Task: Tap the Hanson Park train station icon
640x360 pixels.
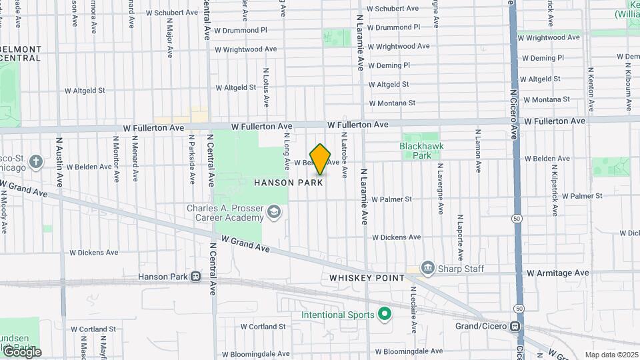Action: point(195,277)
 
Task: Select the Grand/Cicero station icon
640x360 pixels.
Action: point(515,327)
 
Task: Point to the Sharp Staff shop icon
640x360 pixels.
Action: point(427,269)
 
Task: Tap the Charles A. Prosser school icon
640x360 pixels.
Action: point(273,213)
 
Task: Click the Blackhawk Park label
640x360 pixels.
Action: point(421,150)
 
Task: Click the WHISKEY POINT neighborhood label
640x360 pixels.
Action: point(367,277)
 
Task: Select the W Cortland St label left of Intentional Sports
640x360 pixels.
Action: point(263,327)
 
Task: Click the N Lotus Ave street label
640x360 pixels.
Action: point(266,87)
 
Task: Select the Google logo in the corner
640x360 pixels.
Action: point(21,352)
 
